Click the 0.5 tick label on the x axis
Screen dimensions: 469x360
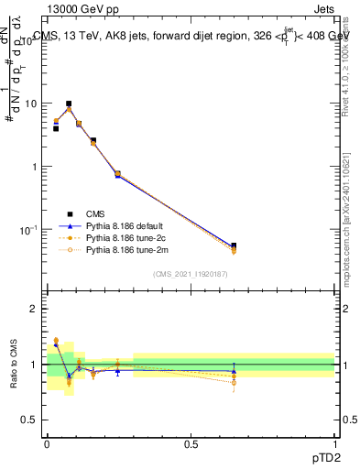pos(191,444)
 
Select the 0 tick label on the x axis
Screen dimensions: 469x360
pos(47,444)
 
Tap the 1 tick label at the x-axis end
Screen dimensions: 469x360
pos(334,444)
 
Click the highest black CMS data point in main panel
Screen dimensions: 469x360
pos(69,104)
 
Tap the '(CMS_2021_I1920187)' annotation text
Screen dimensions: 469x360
pos(191,273)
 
